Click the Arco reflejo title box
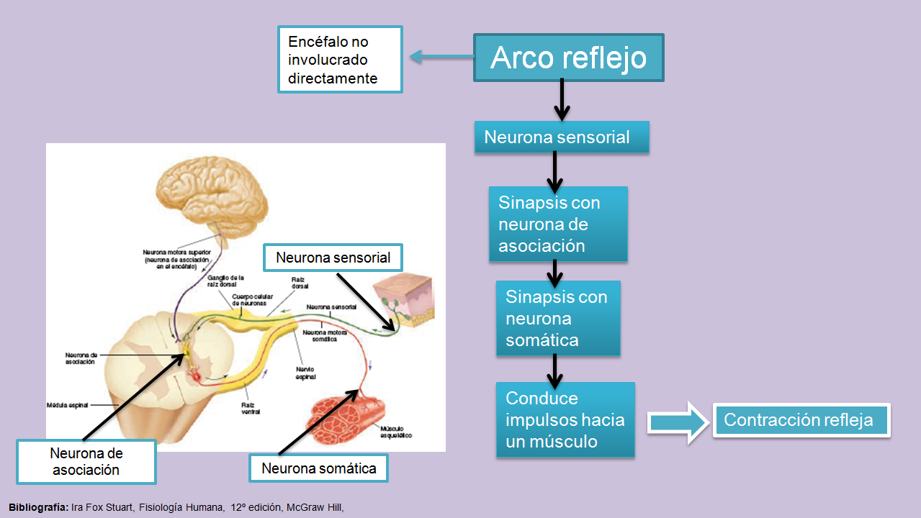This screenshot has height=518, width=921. pos(568,58)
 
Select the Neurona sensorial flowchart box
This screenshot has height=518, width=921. pos(562,137)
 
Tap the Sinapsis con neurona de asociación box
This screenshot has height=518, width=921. pos(558,224)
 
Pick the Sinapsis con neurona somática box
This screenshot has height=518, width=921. pos(558,318)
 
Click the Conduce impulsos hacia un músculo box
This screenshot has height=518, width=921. pos(565,419)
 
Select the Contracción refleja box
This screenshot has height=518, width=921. pos(801,420)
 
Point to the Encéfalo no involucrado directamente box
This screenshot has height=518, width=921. pos(340,60)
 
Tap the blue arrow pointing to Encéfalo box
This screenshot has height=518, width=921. pos(441,57)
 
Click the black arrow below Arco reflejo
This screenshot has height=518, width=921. pos(562,101)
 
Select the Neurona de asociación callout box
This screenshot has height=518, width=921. pos(86,461)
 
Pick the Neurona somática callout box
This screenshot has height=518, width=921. pos(318,468)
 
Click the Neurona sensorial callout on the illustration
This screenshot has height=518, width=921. pos(333,258)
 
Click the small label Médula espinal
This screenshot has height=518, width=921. pos(68,405)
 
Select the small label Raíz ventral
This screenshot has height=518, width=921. pos(251,408)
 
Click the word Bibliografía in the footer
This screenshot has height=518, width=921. pos(38,507)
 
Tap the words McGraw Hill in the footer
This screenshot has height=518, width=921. pos(315,507)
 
